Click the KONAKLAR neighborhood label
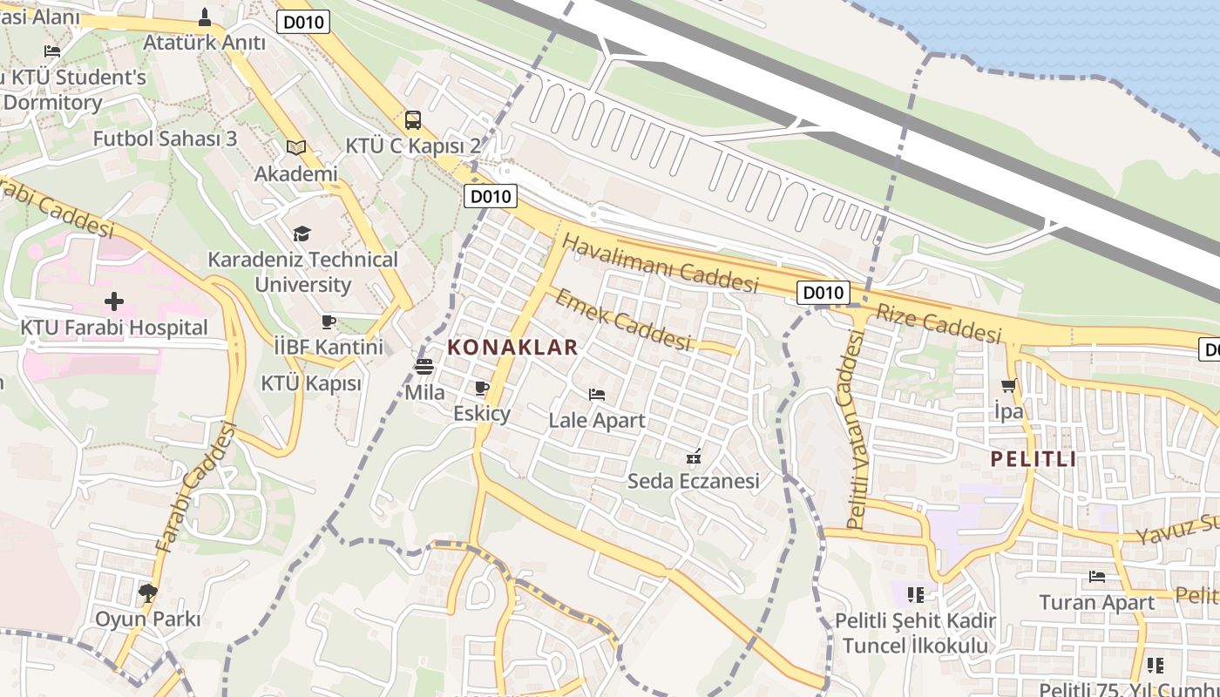click(x=512, y=347)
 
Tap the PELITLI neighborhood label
click(x=1033, y=459)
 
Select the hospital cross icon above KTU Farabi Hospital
click(x=114, y=302)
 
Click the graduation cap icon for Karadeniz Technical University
click(x=302, y=233)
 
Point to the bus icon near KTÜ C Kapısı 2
click(x=413, y=120)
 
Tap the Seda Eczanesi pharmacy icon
click(x=695, y=456)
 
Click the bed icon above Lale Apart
click(x=597, y=395)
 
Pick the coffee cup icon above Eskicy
click(x=481, y=389)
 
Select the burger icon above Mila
click(x=424, y=367)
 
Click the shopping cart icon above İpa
click(x=1009, y=385)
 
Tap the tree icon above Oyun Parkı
click(x=147, y=593)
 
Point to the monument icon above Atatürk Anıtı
click(x=205, y=17)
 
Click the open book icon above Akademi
click(x=296, y=148)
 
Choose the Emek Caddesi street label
click(x=622, y=319)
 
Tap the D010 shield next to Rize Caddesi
click(x=822, y=293)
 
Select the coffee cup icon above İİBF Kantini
click(x=329, y=321)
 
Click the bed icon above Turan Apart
click(x=1097, y=577)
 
